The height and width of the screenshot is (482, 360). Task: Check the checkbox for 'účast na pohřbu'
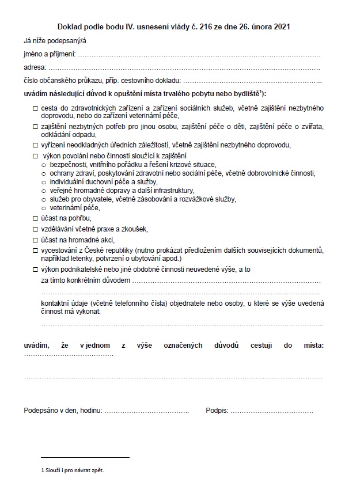(x=35, y=218)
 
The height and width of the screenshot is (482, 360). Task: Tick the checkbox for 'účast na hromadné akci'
(x=35, y=240)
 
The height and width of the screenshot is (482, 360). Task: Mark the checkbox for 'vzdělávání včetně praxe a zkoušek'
(x=35, y=229)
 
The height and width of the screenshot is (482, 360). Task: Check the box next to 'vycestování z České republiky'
(x=35, y=251)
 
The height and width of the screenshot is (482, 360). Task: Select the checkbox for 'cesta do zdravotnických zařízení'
(x=35, y=108)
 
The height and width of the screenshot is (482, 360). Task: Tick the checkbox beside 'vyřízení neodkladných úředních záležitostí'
(x=35, y=145)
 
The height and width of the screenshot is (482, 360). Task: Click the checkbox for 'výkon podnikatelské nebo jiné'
(x=35, y=269)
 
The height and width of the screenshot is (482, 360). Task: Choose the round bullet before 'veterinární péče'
(x=44, y=208)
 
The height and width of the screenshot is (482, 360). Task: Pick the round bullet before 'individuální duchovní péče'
(x=44, y=182)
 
